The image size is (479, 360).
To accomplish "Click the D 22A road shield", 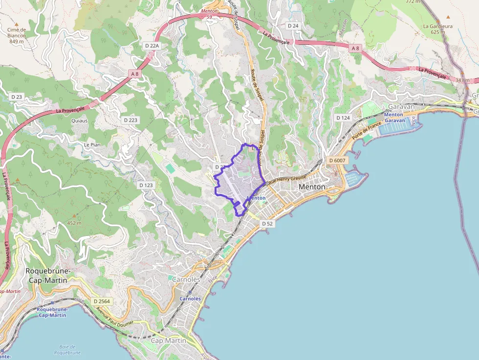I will point(152,45).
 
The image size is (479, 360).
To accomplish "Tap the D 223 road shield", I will point(131,120).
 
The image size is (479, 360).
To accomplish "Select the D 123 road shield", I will point(146,185).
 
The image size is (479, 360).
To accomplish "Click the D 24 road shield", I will point(293,25).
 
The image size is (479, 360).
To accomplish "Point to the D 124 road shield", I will point(343,118).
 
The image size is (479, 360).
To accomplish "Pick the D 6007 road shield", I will point(337,160).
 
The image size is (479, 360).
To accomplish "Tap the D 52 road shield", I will point(267,223).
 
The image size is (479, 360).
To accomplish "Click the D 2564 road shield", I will point(102,301).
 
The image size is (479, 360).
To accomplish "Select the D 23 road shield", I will point(17,97).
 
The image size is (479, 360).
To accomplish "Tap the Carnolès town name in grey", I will point(186,279).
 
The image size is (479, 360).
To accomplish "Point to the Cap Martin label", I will point(169,340).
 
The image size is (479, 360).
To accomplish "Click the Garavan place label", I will point(401,106).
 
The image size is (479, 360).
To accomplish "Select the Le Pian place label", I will point(92,145).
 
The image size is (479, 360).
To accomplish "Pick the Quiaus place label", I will point(79,120).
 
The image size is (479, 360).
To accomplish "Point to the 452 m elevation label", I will point(74,223).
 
